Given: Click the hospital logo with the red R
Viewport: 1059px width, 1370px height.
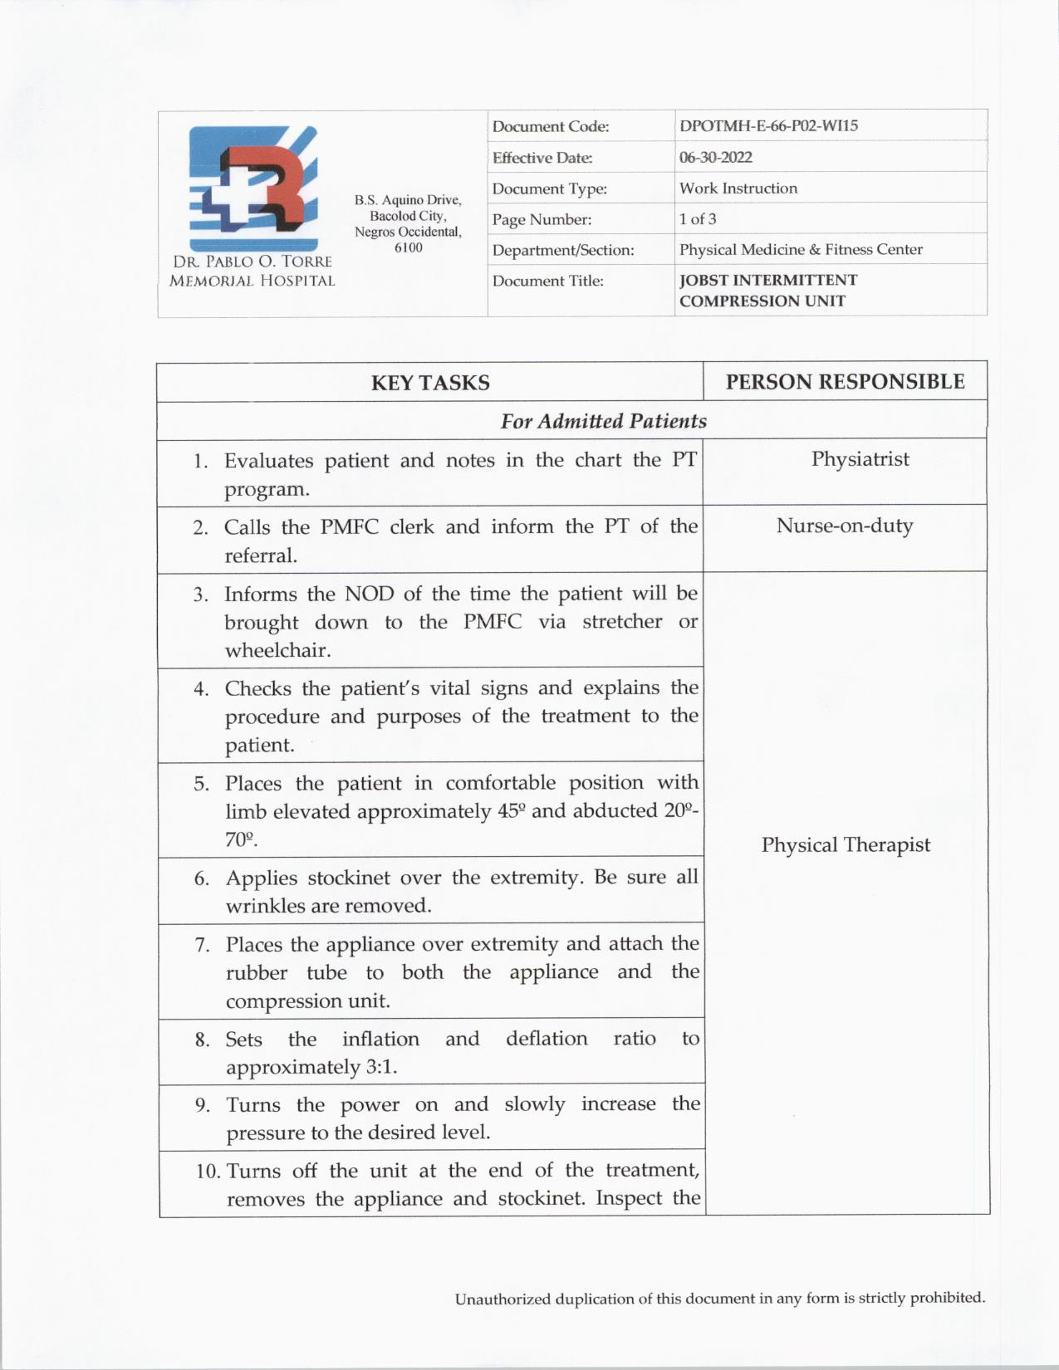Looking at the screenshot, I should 252,188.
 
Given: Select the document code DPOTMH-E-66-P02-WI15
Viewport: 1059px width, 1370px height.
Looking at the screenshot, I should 768,126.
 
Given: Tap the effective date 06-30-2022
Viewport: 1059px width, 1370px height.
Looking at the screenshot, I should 715,157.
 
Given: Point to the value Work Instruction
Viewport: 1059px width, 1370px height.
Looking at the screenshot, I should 738,188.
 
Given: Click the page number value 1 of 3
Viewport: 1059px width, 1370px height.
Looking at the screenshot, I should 698,219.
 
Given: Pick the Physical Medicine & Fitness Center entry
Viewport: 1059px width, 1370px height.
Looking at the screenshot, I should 801,249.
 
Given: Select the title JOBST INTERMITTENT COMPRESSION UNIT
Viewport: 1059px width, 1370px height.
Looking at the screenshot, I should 767,291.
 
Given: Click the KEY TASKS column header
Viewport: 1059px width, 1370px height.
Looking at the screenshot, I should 430,383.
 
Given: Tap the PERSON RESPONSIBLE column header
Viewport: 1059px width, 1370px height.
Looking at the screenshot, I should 845,382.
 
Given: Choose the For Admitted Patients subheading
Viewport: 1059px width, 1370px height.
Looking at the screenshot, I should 603,421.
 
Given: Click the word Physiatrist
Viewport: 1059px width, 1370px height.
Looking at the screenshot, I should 860,459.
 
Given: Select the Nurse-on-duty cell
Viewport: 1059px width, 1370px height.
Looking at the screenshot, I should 844,526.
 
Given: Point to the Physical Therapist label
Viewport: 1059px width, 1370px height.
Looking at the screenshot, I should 846,845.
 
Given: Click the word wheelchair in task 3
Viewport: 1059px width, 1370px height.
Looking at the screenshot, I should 277,650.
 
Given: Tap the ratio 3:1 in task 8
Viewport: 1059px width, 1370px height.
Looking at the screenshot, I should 380,1067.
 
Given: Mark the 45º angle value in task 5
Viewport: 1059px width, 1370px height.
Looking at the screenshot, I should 509,811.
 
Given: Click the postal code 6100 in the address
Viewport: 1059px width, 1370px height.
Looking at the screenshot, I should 408,247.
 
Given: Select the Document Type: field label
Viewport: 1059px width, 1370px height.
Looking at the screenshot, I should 549,189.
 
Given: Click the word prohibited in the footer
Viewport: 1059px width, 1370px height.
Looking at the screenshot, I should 947,1297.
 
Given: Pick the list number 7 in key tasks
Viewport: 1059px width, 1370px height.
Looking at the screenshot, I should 202,945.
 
